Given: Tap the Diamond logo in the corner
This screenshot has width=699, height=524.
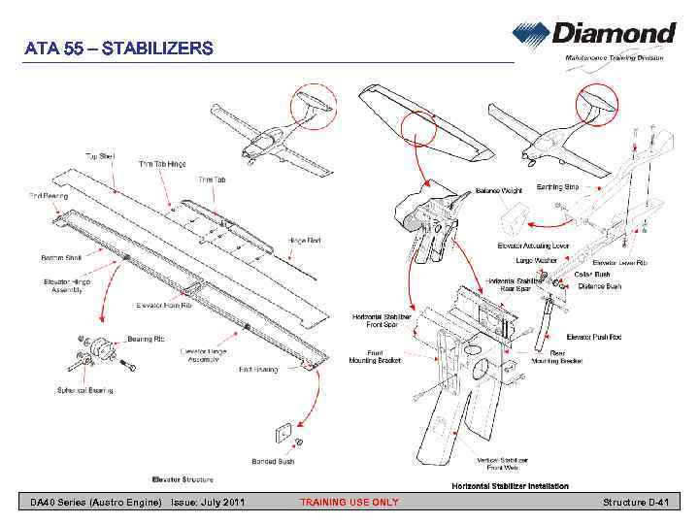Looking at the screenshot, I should [594, 40].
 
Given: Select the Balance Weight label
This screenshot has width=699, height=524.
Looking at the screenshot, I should [498, 190].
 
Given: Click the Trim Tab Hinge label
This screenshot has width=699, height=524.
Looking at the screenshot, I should [162, 164].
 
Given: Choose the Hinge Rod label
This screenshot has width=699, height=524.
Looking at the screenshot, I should [304, 240].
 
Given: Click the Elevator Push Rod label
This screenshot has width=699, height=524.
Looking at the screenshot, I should [594, 337].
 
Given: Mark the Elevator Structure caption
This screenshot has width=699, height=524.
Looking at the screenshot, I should [183, 479].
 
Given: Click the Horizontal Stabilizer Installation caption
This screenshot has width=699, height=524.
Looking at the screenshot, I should [510, 485].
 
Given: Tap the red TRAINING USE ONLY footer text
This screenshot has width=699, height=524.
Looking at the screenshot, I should [349, 503].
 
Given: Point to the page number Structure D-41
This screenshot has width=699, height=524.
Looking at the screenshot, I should [636, 503].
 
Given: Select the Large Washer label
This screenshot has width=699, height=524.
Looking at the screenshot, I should [537, 260].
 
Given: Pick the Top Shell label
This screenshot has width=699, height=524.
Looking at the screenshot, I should [100, 155].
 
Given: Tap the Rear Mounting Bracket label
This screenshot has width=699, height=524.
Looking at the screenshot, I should [557, 356].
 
